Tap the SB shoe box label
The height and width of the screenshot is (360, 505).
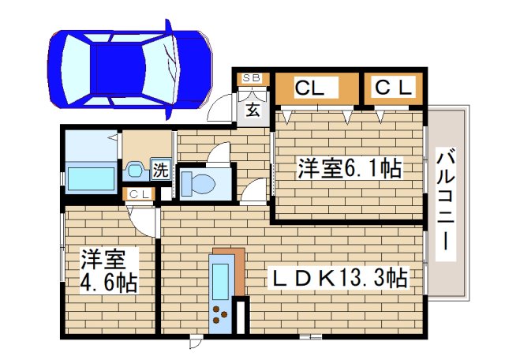(252, 77)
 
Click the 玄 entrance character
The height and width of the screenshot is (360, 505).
(252, 110)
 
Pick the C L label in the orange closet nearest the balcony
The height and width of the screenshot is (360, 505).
(393, 88)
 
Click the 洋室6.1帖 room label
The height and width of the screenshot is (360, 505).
(349, 167)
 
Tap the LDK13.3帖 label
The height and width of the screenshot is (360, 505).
(340, 278)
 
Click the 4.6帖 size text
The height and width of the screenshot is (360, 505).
(109, 283)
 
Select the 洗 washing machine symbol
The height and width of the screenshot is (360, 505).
(161, 169)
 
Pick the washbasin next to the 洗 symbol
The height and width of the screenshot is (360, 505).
(135, 169)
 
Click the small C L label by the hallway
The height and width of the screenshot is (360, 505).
(140, 194)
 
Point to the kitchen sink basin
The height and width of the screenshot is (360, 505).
(220, 278)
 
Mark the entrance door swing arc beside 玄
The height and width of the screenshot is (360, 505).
(219, 109)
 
